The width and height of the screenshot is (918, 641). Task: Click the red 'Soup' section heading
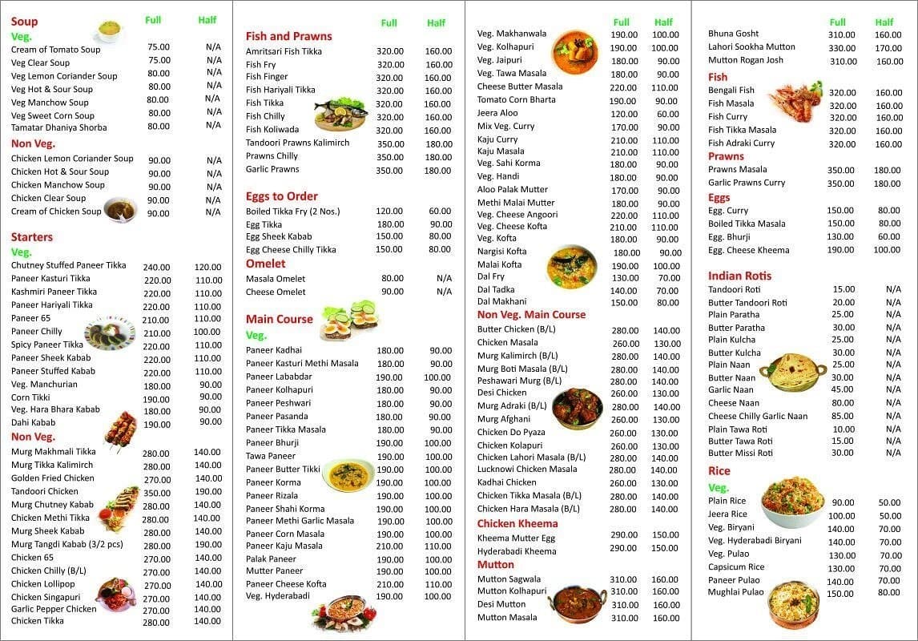(x=24, y=22)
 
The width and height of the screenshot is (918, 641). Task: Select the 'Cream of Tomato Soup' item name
(x=55, y=50)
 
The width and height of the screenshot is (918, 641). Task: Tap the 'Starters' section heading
(x=32, y=237)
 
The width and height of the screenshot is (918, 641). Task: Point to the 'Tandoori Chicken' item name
(x=45, y=491)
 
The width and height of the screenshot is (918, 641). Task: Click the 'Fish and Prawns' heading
(x=288, y=36)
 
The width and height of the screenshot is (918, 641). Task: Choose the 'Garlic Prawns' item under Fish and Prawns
(x=272, y=169)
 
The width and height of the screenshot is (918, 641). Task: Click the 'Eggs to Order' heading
(x=281, y=196)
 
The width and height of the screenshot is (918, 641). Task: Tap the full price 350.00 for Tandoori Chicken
(x=156, y=493)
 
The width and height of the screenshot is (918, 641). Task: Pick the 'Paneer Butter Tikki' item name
(x=283, y=469)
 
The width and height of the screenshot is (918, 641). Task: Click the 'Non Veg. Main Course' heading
(x=531, y=315)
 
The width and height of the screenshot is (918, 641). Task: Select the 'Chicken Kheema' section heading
(x=517, y=524)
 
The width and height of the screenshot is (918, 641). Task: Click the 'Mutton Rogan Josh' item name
(x=746, y=60)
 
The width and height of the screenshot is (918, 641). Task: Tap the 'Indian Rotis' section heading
(x=739, y=276)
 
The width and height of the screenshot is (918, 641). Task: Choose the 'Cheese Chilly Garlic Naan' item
(x=758, y=416)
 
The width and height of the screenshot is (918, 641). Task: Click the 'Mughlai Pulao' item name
(x=736, y=592)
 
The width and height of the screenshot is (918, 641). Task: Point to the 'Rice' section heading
(x=719, y=471)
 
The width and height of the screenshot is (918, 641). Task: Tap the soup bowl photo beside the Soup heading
(x=109, y=30)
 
